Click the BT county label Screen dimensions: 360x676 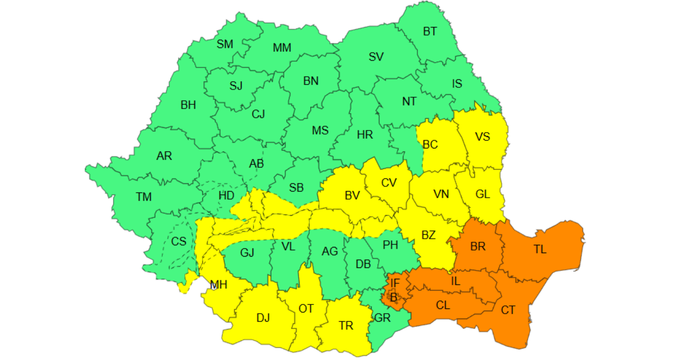pyautogui.click(x=430, y=31)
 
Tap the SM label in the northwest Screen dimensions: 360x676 pyautogui.click(x=225, y=44)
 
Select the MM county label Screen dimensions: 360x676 pyautogui.click(x=282, y=48)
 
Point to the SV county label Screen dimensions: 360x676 pyautogui.click(x=376, y=57)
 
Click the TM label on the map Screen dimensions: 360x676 pyautogui.click(x=144, y=197)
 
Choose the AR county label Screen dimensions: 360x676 pyautogui.click(x=164, y=156)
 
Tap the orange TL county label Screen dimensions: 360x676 pyautogui.click(x=540, y=249)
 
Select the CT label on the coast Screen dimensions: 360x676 pyautogui.click(x=508, y=310)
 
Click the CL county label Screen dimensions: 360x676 pyautogui.click(x=443, y=305)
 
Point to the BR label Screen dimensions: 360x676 pyautogui.click(x=478, y=247)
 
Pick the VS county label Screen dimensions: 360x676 pyautogui.click(x=482, y=137)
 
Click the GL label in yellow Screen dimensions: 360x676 pyautogui.click(x=482, y=194)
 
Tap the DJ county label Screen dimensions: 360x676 pyautogui.click(x=263, y=318)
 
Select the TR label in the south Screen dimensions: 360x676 pyautogui.click(x=346, y=326)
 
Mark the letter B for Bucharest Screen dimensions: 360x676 pyautogui.click(x=394, y=298)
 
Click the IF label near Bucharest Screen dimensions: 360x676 pyautogui.click(x=395, y=283)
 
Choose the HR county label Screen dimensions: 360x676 pyautogui.click(x=365, y=135)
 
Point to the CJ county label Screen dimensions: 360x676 pyautogui.click(x=258, y=114)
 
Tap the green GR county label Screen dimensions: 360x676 pyautogui.click(x=382, y=318)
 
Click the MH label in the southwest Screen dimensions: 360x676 pyautogui.click(x=219, y=285)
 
